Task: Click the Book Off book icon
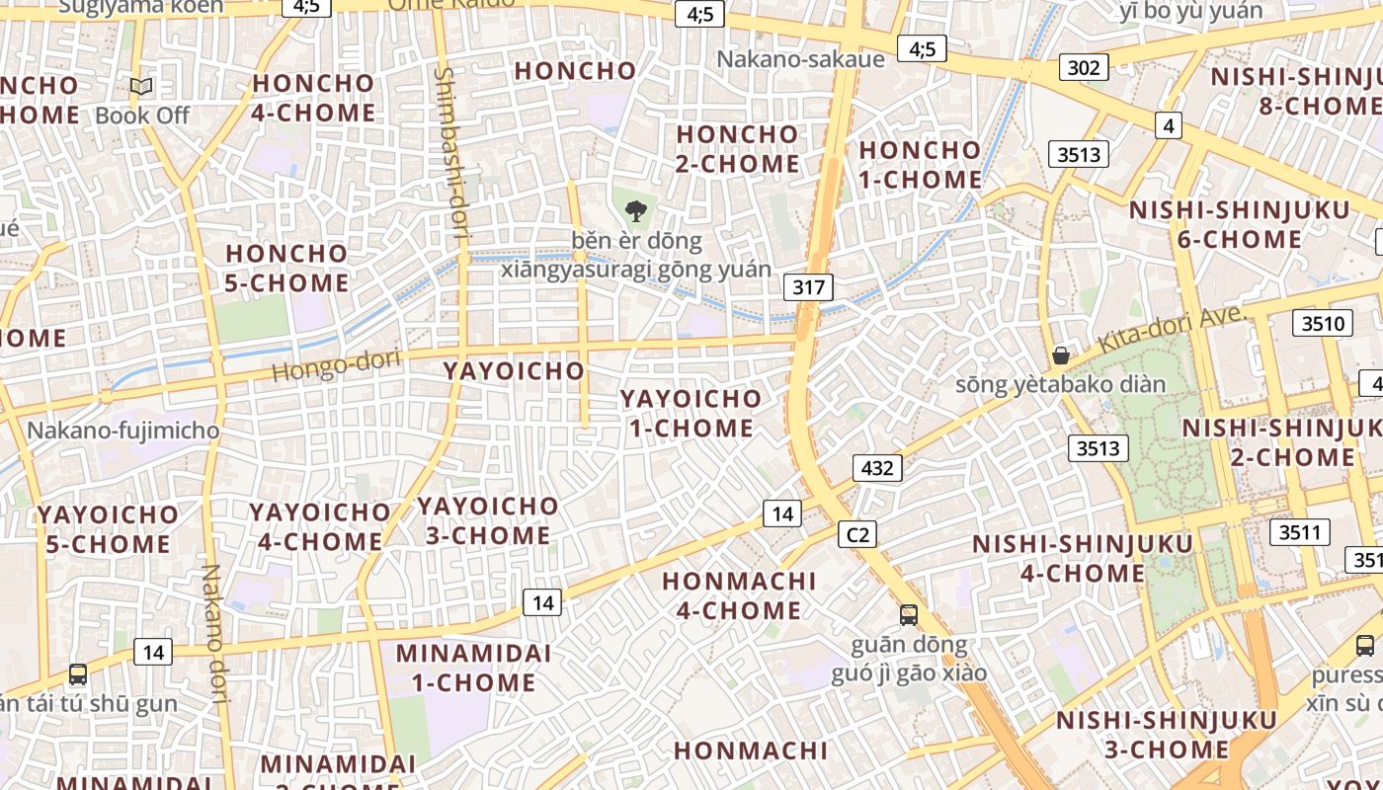tap(141, 87)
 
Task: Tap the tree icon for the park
tap(636, 209)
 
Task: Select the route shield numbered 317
tap(808, 287)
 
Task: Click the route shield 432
tap(877, 467)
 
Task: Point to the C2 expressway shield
tap(856, 534)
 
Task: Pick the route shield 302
tap(1084, 67)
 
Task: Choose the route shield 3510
tap(1323, 323)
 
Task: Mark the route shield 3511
tap(1299, 532)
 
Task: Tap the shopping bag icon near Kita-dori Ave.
tap(1061, 355)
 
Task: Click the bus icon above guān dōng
tap(908, 615)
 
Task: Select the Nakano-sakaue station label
tap(800, 58)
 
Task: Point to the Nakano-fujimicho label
tap(123, 431)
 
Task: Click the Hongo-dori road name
tap(336, 366)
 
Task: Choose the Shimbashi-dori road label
tap(450, 153)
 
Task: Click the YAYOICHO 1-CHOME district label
tap(691, 413)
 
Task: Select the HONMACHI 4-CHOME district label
tap(739, 595)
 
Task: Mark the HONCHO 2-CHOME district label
tap(737, 148)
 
